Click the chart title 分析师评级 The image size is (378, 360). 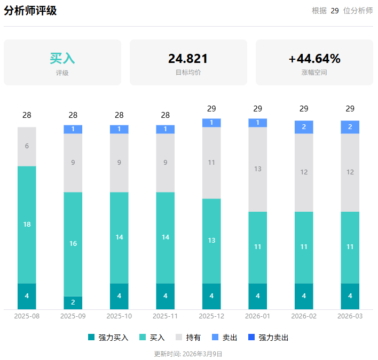pos(30,11)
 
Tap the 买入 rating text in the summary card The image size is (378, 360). pos(62,58)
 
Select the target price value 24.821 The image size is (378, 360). pos(188,59)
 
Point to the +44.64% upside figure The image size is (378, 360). pos(314,59)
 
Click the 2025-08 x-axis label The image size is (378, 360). pos(27,316)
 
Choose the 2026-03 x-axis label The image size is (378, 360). pos(350,316)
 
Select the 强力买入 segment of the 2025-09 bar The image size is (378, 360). pos(73,302)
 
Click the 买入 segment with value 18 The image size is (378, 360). pos(27,225)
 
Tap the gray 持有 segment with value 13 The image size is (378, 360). pos(258,169)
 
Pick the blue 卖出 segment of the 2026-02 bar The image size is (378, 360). pos(304,127)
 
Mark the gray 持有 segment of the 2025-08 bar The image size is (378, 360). pos(27,146)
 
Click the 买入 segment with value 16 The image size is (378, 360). pos(73,244)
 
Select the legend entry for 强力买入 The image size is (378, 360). pos(108,338)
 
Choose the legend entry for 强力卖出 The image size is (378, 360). pos(269,338)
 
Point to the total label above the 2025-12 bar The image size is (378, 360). pos(211,109)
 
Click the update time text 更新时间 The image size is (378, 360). pos(188,354)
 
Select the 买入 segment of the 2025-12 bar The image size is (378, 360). pos(211,241)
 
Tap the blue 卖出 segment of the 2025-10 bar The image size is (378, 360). pos(119,129)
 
